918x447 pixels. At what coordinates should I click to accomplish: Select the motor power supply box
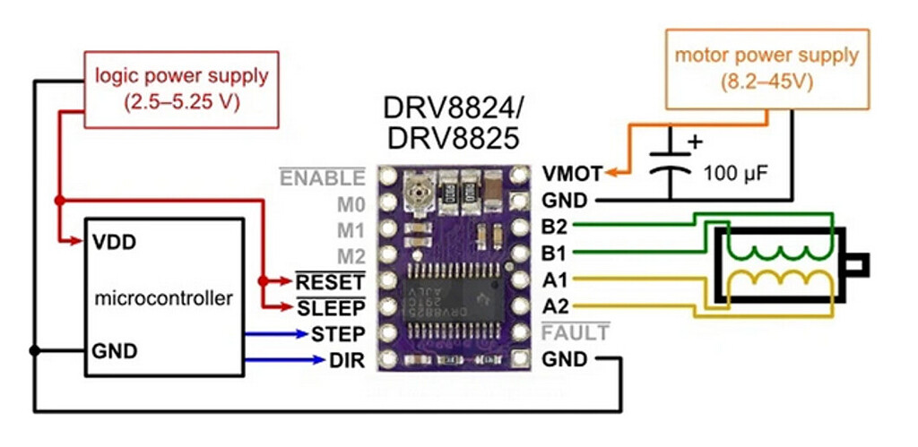pos(766,69)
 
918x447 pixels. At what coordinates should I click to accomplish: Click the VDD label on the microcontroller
pos(110,242)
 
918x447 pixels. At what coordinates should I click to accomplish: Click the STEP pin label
pos(338,334)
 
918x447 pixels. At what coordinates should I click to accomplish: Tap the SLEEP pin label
pos(331,308)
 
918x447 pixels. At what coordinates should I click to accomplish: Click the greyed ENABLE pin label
pos(323,177)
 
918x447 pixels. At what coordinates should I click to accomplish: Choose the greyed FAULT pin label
pos(576,334)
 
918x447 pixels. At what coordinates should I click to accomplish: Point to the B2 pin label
pos(555,226)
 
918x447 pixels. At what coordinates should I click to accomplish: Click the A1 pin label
pos(555,279)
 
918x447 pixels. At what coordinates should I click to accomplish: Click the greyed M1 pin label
pos(351,230)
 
